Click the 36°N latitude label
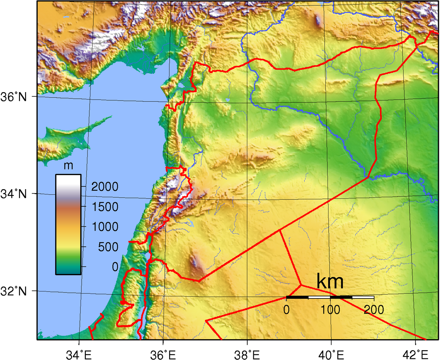(x=13, y=97)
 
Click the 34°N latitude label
(x=13, y=194)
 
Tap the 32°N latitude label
(x=13, y=291)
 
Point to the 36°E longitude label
(x=163, y=355)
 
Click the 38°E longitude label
(x=247, y=355)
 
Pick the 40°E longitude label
(x=331, y=355)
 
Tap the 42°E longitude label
(x=415, y=355)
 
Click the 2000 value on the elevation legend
(x=105, y=186)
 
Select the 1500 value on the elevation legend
(x=105, y=207)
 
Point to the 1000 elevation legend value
(x=105, y=227)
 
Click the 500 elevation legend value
(x=108, y=247)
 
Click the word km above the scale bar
(x=330, y=281)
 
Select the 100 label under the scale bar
(x=330, y=310)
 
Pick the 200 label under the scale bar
(x=374, y=310)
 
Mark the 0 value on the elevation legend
(x=115, y=267)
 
